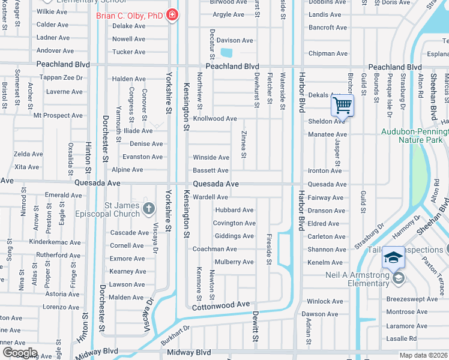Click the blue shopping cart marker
[x=342, y=106]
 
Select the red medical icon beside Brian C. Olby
[x=173, y=14]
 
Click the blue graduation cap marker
[x=393, y=257]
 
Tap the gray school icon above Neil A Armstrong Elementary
[x=399, y=278]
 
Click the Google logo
[x=19, y=353]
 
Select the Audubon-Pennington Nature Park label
[x=415, y=136]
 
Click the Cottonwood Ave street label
[x=220, y=305]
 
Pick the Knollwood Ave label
[x=214, y=119]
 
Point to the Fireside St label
[x=270, y=249]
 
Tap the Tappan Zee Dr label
[x=61, y=78]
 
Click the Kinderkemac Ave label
[x=54, y=242]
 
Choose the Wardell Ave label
[x=210, y=197]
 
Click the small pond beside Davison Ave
[x=228, y=53]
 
